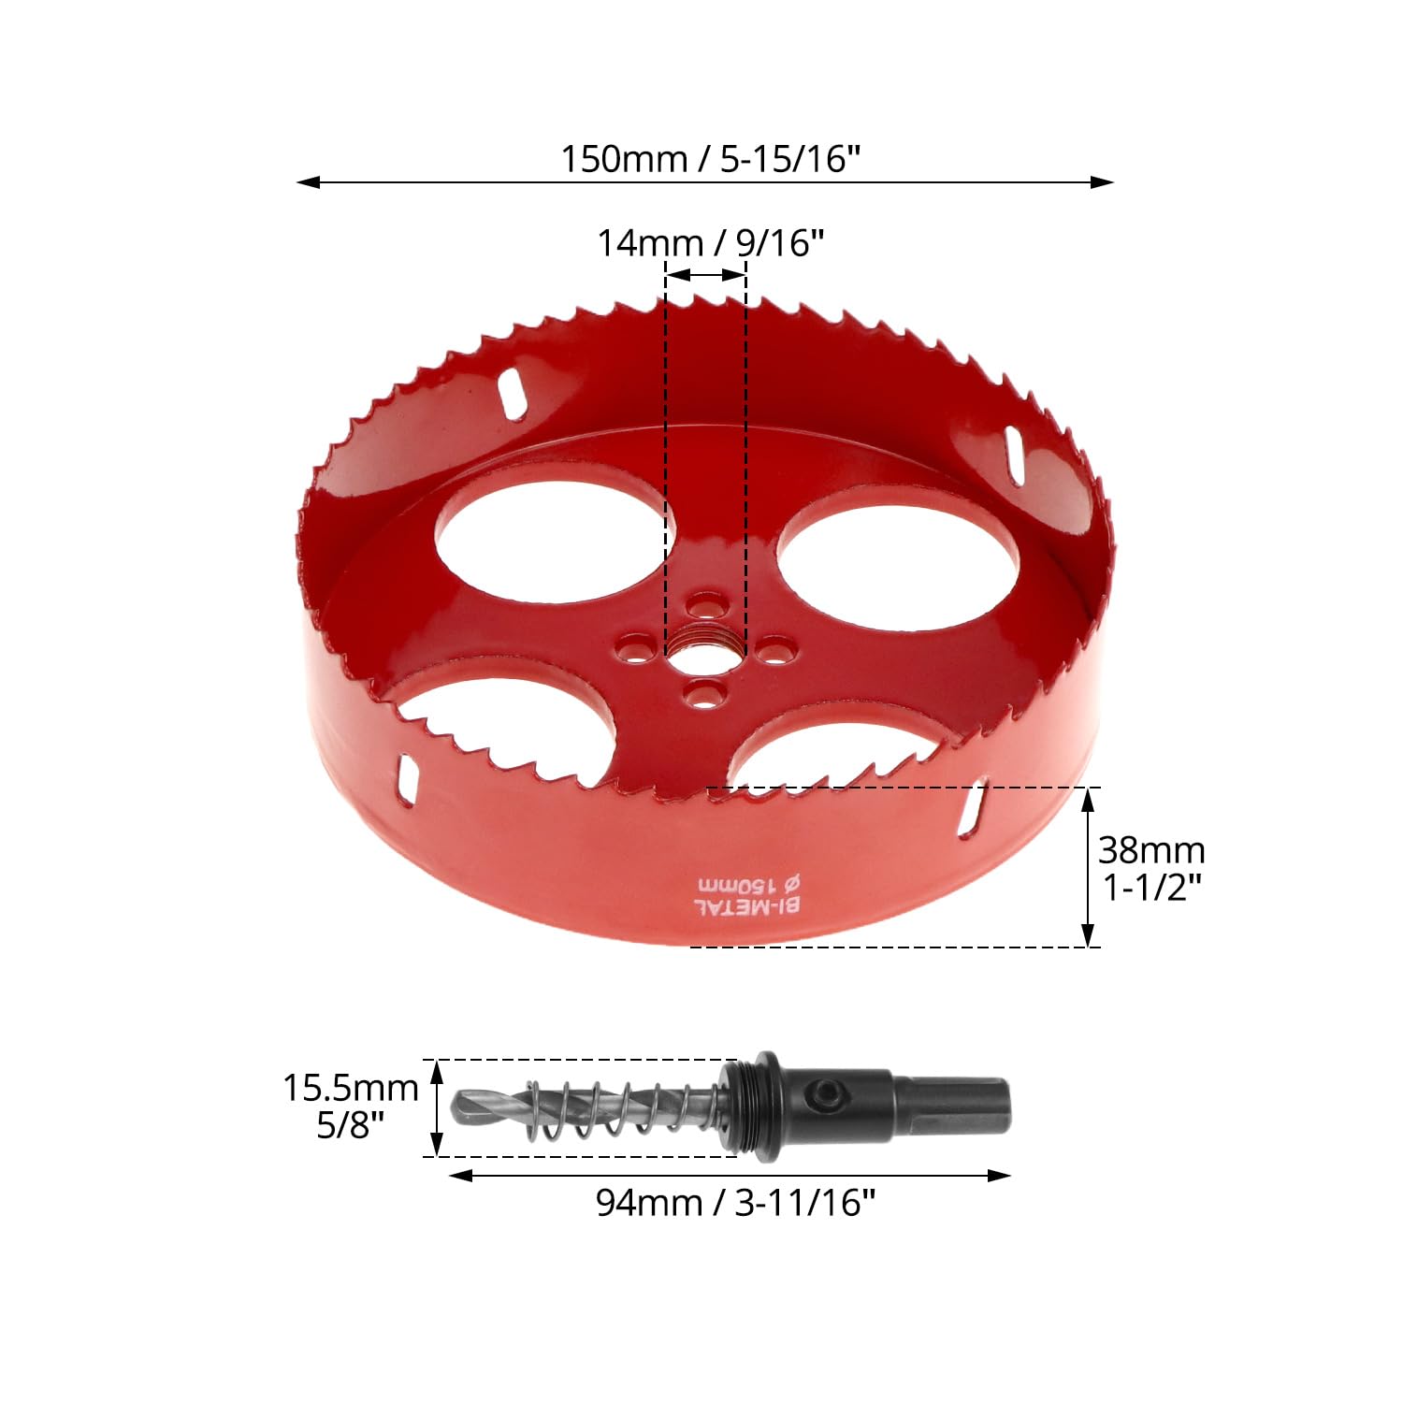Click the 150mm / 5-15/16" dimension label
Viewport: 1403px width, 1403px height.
point(710,159)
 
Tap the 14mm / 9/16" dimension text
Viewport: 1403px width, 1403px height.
point(711,243)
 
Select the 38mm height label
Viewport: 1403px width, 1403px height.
point(1151,850)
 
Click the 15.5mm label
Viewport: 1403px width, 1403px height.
point(351,1088)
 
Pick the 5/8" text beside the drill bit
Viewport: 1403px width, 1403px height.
point(351,1124)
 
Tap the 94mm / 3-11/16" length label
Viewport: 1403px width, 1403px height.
point(736,1203)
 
